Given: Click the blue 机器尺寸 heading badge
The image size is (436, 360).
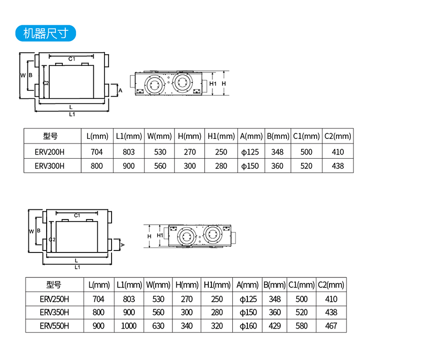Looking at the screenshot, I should pos(46,33).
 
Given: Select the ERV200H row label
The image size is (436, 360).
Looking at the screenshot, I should pos(50,152).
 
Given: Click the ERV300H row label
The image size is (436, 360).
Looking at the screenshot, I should pos(50,166).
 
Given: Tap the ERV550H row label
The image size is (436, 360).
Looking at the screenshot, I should pos(54,326).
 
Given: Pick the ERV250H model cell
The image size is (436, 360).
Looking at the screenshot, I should pos(54,299).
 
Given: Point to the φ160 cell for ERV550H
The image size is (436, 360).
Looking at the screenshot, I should pos(248,326).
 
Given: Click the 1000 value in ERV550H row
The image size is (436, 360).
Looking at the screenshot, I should pos(129,326).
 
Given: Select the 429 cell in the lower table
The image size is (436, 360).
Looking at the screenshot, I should pos(274,326).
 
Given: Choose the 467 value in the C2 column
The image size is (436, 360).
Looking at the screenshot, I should pos(331,326).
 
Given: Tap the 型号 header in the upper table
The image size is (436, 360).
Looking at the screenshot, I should pos(50,136).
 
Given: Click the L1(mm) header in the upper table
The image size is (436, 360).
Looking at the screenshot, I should pos(129,136).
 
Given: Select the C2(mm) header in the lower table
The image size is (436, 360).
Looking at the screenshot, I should pos(331,285).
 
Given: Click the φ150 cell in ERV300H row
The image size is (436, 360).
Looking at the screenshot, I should pos(250,166).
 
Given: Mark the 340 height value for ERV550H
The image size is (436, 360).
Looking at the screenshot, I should pos(187,326).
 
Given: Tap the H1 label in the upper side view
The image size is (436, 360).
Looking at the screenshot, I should pos(213,83).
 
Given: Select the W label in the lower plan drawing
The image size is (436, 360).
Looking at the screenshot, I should pos(31,231).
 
